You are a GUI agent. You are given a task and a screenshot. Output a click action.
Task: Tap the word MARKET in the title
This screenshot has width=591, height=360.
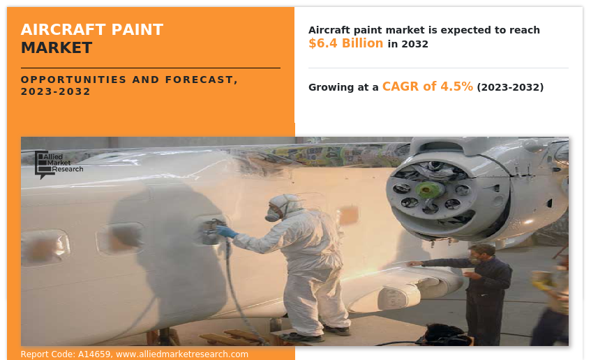click(57, 48)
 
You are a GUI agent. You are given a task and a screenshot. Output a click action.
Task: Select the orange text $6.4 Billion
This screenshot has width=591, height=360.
click(345, 43)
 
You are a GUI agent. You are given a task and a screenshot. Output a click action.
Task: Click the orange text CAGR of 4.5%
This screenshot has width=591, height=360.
click(428, 87)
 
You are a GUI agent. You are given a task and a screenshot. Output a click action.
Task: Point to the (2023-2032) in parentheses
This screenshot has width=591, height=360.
click(510, 87)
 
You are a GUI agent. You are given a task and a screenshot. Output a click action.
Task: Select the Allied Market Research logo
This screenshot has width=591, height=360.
click(59, 165)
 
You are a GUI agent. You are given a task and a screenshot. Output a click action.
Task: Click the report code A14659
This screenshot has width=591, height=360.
click(94, 354)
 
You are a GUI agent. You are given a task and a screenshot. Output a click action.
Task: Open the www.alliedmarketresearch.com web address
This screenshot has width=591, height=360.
click(182, 354)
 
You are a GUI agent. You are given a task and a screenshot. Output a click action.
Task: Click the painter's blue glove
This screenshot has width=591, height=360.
click(226, 231)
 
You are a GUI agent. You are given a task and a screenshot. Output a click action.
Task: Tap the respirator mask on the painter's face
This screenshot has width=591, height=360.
click(273, 214)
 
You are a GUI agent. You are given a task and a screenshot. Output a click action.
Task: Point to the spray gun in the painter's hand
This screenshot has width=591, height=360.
click(211, 231)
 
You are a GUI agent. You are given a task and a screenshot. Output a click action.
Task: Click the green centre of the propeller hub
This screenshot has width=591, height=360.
click(426, 190)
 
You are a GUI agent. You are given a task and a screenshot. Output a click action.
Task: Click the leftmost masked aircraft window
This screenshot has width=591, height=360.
click(45, 249)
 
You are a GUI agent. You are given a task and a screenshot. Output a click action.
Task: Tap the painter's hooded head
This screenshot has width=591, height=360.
click(283, 207)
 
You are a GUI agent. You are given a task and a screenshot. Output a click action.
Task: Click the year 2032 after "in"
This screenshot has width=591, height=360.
click(414, 44)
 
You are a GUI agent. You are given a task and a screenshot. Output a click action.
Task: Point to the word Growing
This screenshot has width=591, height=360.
click(330, 87)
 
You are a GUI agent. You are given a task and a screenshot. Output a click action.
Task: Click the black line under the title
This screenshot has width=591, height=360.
click(151, 68)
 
